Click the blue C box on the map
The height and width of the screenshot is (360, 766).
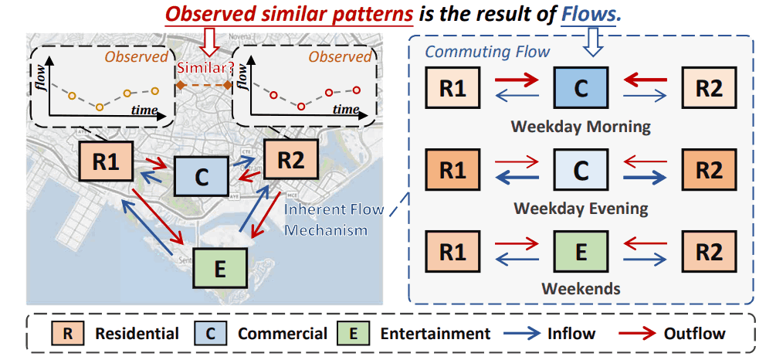[202, 176]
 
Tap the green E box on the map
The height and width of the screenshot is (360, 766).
[220, 267]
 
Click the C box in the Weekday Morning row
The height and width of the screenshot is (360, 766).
[581, 87]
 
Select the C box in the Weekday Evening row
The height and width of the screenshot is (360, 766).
[581, 170]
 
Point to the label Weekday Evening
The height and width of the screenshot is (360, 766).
[581, 208]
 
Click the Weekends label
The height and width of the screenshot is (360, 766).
[581, 289]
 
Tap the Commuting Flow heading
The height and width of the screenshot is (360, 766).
[487, 52]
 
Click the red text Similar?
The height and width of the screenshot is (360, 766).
[205, 67]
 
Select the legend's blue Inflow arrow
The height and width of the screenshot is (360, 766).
[533, 334]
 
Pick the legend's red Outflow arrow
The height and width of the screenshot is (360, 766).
[640, 334]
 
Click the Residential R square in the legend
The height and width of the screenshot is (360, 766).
[66, 334]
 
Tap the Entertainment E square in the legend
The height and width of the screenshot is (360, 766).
[352, 334]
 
